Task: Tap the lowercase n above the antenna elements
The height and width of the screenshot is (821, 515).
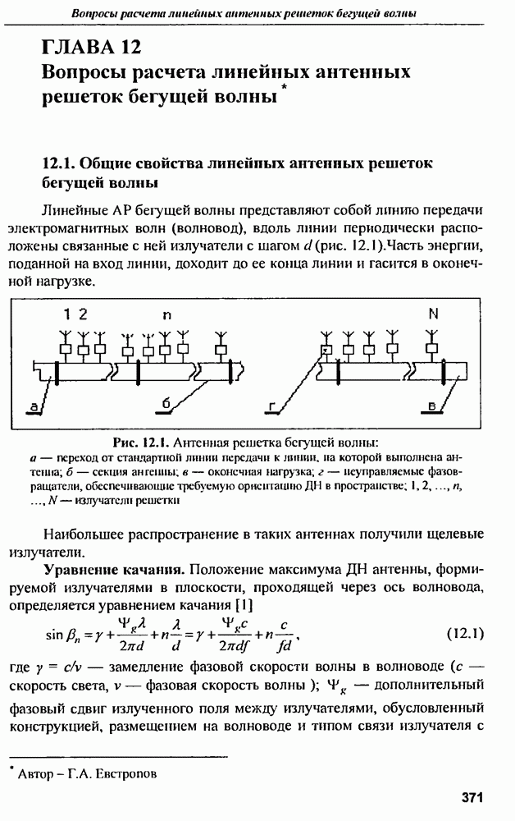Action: (168, 315)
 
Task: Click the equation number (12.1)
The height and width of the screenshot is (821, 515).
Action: (467, 634)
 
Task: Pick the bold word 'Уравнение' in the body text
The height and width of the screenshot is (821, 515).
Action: (80, 568)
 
